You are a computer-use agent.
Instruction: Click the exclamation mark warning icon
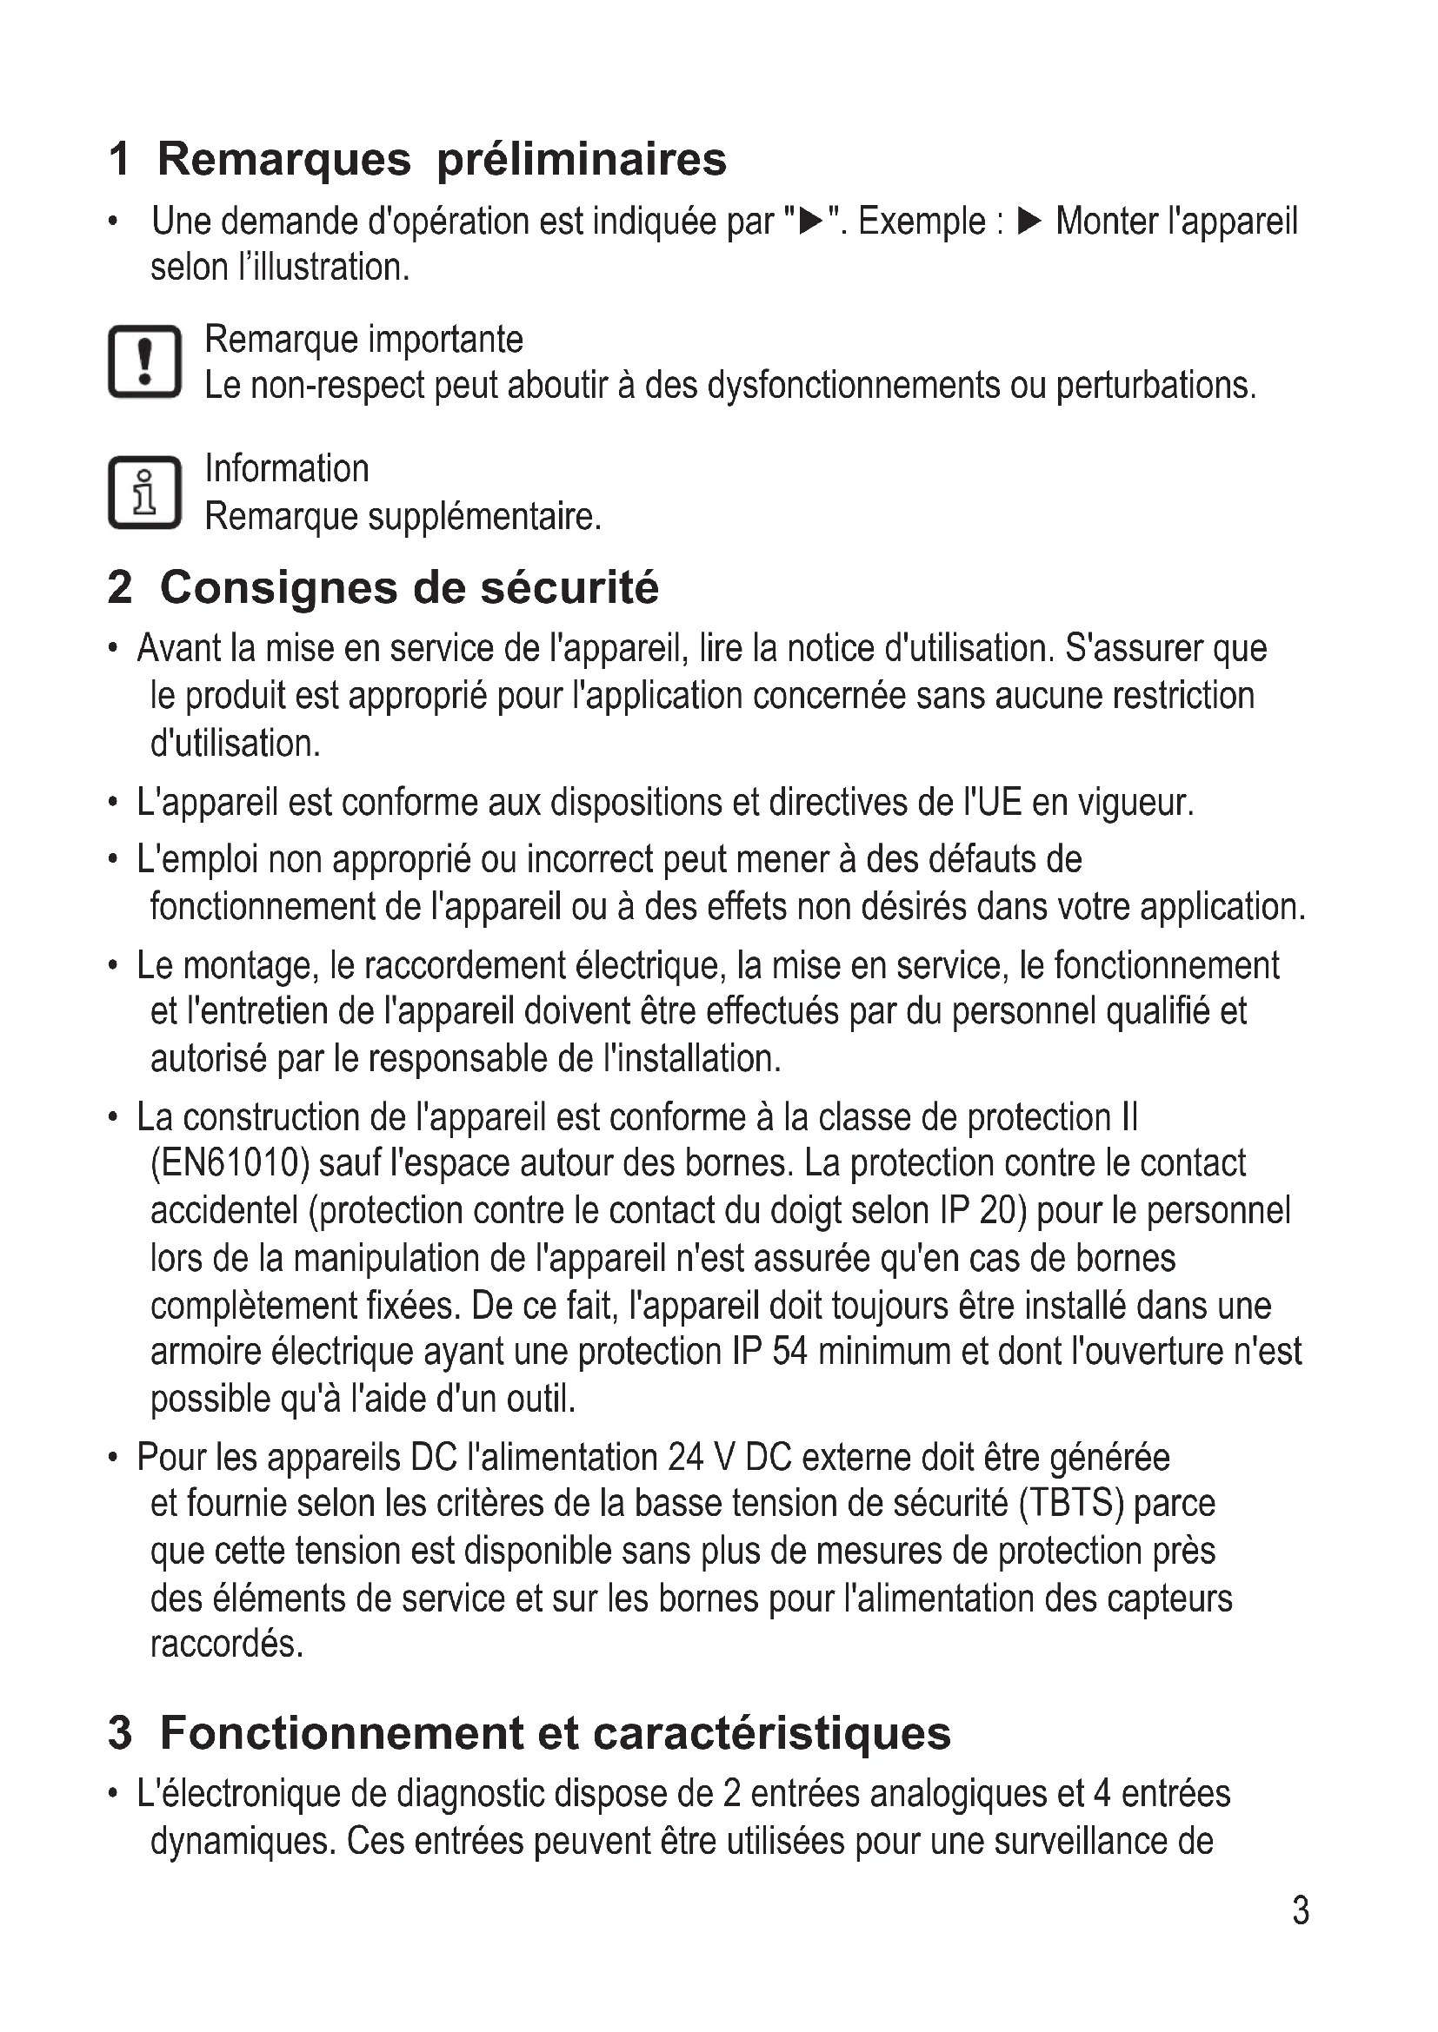coord(144,362)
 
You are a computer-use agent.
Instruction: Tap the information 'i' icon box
coord(144,492)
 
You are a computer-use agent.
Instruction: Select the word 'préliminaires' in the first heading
coord(582,159)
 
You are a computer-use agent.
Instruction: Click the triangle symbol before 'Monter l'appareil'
coord(1028,222)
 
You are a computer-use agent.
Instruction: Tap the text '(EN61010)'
coord(230,1163)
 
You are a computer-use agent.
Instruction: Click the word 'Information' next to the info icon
coord(287,468)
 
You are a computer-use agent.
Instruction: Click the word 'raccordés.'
coord(227,1644)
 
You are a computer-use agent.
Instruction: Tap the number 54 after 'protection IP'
coord(789,1352)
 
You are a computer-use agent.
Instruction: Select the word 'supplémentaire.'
coord(484,516)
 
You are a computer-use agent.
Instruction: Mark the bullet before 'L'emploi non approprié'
coord(112,859)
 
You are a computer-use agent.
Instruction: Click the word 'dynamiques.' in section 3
coord(243,1842)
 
